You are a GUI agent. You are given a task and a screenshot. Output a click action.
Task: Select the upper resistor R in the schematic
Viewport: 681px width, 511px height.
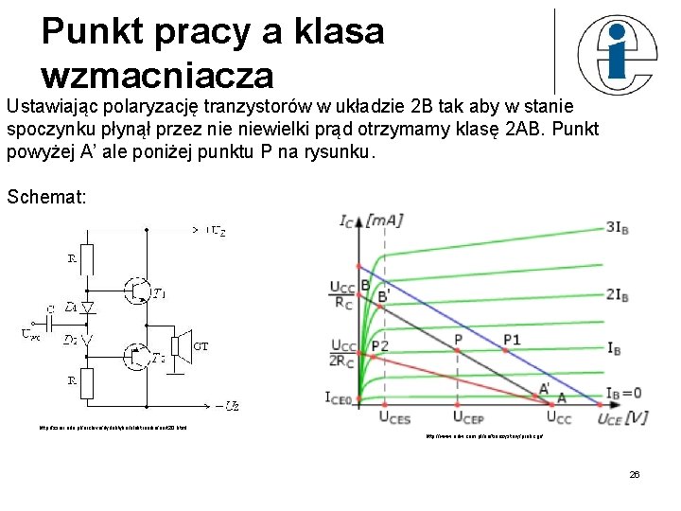tap(88, 256)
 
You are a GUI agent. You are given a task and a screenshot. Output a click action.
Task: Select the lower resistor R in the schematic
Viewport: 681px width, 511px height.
tap(88, 383)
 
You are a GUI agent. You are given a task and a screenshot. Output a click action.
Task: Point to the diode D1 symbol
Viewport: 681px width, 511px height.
tap(88, 308)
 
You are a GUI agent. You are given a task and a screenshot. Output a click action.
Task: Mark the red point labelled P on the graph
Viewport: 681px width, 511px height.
tap(457, 350)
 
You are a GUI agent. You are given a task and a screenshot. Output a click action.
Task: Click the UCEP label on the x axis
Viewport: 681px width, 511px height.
tap(470, 417)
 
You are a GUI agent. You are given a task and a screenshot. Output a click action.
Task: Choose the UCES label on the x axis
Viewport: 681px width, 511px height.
tap(395, 417)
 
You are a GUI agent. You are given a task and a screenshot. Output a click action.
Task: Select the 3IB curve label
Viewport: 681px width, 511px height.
tap(618, 226)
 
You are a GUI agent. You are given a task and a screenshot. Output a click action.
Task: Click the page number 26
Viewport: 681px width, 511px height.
tap(634, 473)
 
